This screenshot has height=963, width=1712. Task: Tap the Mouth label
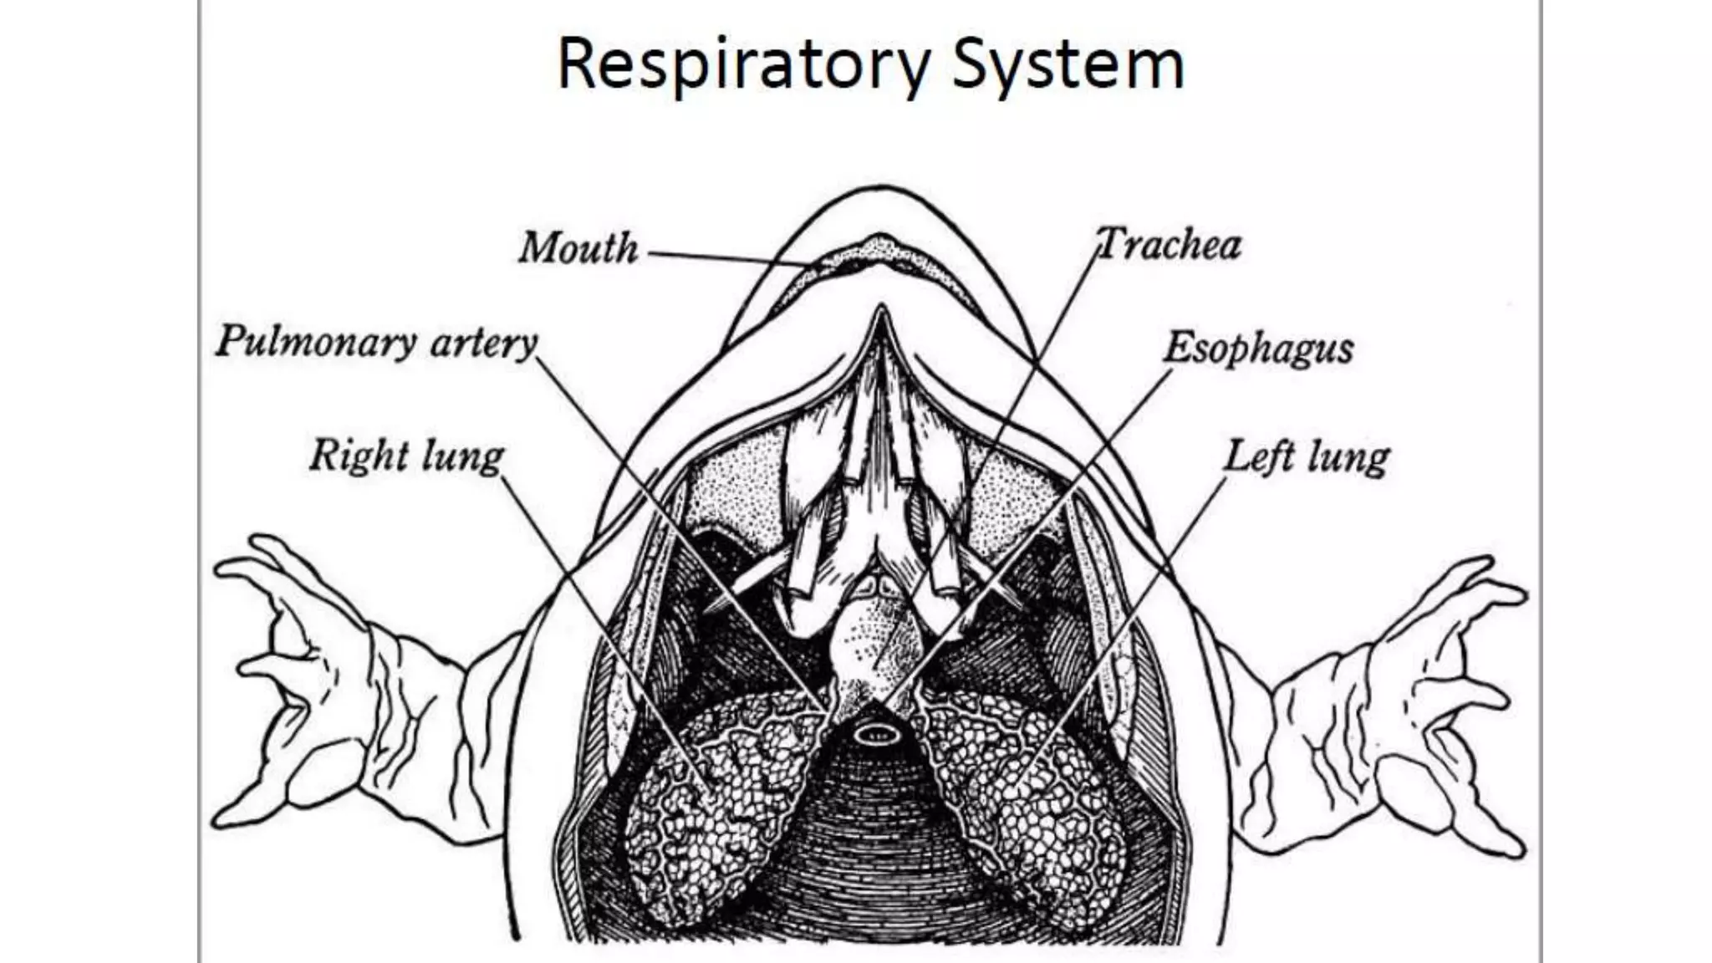click(x=578, y=248)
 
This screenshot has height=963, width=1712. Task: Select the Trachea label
click(x=1169, y=245)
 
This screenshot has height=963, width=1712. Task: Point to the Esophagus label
click(x=1258, y=348)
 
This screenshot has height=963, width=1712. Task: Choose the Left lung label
click(x=1306, y=457)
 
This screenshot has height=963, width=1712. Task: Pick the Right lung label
click(x=406, y=456)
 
